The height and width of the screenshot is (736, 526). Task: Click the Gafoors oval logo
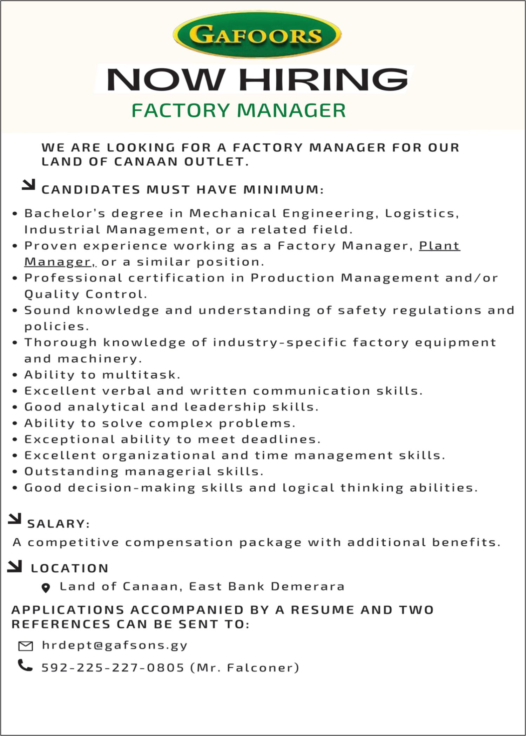pyautogui.click(x=257, y=35)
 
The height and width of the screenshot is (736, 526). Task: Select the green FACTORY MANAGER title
pyautogui.click(x=238, y=110)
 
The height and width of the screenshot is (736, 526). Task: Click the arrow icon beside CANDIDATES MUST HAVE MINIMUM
pyautogui.click(x=28, y=185)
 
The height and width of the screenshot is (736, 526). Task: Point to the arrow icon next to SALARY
pyautogui.click(x=14, y=519)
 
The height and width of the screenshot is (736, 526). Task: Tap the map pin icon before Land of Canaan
pyautogui.click(x=46, y=588)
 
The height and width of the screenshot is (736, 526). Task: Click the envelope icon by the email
pyautogui.click(x=25, y=646)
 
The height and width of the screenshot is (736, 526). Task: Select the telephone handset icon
pyautogui.click(x=25, y=665)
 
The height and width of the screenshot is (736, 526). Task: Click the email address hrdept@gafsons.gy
pyautogui.click(x=115, y=645)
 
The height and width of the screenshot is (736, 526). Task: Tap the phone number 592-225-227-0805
pyautogui.click(x=113, y=668)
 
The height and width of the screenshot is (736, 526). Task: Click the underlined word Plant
pyautogui.click(x=439, y=246)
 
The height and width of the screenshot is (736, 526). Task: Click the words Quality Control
pyautogui.click(x=85, y=294)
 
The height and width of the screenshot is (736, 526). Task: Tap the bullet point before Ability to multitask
pyautogui.click(x=15, y=375)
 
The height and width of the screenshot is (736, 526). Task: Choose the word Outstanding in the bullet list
pyautogui.click(x=72, y=471)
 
